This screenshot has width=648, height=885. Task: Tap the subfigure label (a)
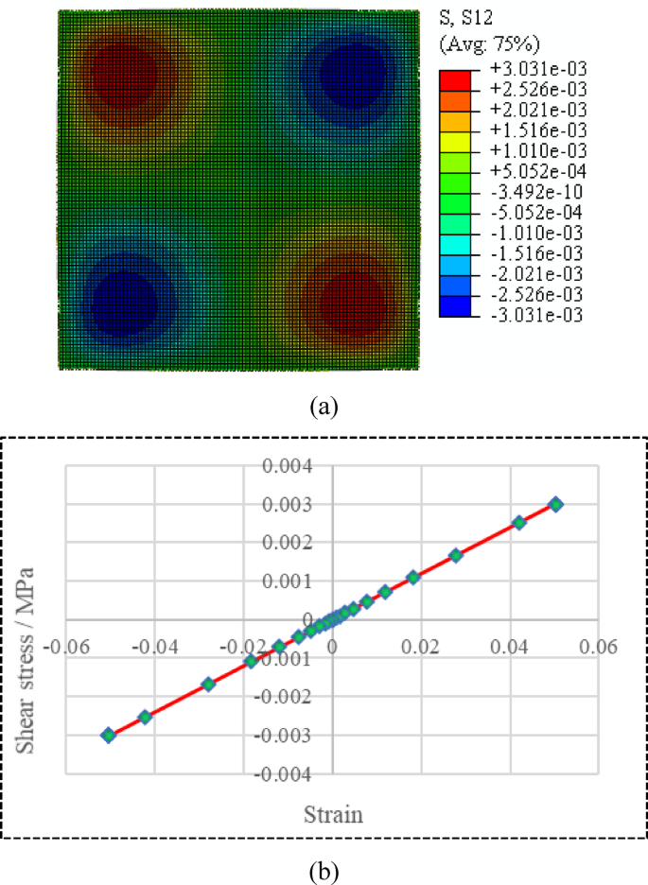[324, 408]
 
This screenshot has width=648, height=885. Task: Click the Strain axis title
[331, 813]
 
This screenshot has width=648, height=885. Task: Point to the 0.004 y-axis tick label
[297, 466]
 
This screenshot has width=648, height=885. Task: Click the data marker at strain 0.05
[556, 505]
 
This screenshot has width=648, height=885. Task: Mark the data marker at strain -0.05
[109, 735]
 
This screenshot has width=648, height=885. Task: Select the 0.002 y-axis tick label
[297, 543]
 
